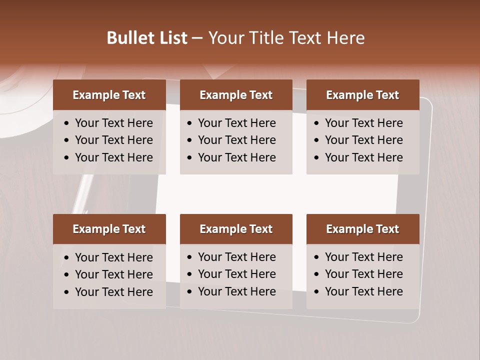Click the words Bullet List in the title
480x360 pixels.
[147, 38]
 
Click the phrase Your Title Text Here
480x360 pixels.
[286, 38]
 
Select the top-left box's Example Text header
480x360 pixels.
[109, 95]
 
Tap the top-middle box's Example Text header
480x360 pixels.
[236, 95]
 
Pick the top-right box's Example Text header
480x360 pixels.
[362, 95]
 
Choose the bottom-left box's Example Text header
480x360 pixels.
[109, 229]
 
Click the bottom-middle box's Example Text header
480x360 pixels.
[236, 229]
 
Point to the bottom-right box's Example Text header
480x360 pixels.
[362, 229]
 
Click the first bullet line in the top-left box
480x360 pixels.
[113, 123]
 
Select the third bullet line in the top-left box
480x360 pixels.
[113, 157]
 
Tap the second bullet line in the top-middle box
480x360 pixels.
[236, 140]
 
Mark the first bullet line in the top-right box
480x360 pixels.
[363, 123]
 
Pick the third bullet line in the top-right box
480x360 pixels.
[363, 157]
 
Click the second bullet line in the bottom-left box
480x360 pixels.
[113, 274]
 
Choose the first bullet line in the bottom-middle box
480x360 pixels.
[236, 257]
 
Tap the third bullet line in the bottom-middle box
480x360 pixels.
[236, 291]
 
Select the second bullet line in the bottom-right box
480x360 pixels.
[363, 274]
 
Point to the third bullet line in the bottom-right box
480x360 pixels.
[363, 291]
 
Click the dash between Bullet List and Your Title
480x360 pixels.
[197, 38]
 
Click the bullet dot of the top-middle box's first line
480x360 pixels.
[189, 123]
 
